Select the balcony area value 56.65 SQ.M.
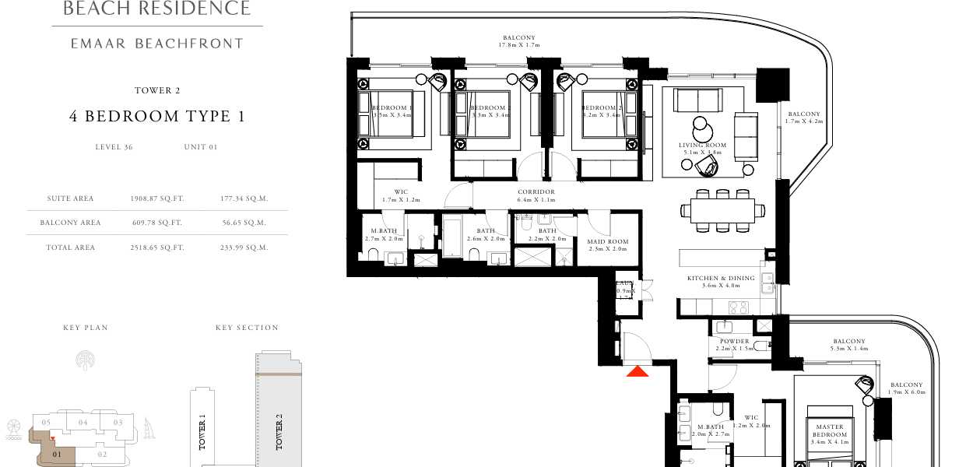[244, 223]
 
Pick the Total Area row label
[70, 248]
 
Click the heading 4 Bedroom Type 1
[156, 117]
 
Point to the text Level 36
[114, 146]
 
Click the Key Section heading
[247, 328]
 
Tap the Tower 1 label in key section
[202, 433]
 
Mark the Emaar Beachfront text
[156, 44]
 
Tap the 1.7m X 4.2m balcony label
[803, 118]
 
